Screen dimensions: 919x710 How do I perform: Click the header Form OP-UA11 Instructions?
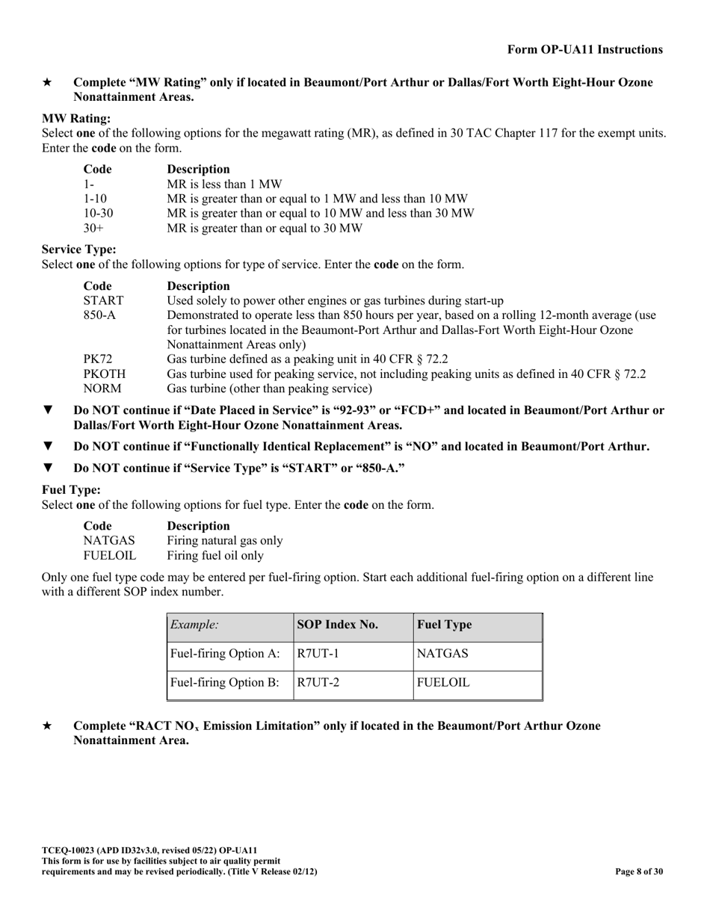click(x=584, y=50)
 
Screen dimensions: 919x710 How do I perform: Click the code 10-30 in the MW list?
click(x=98, y=213)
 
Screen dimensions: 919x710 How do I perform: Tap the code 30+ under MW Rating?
click(x=93, y=228)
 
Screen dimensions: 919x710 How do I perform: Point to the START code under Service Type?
click(x=103, y=300)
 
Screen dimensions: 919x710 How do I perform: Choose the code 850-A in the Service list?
click(x=99, y=315)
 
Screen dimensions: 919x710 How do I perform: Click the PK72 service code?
click(x=97, y=359)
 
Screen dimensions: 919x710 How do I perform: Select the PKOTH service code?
click(x=104, y=374)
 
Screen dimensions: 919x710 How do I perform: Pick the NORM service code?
click(x=102, y=389)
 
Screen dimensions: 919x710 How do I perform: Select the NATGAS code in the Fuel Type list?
click(x=109, y=540)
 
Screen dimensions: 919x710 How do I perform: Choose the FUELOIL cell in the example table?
click(x=443, y=682)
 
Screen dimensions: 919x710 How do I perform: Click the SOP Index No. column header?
click(x=338, y=625)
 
